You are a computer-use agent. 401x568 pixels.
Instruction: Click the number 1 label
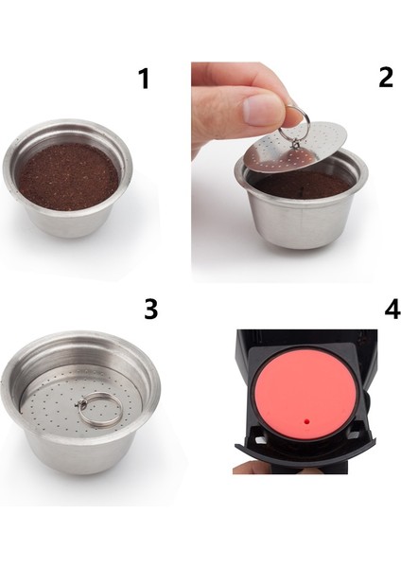point(144,80)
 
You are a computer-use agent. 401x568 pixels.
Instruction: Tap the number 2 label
point(386,78)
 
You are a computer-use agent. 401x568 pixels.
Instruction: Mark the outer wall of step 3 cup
point(85,454)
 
